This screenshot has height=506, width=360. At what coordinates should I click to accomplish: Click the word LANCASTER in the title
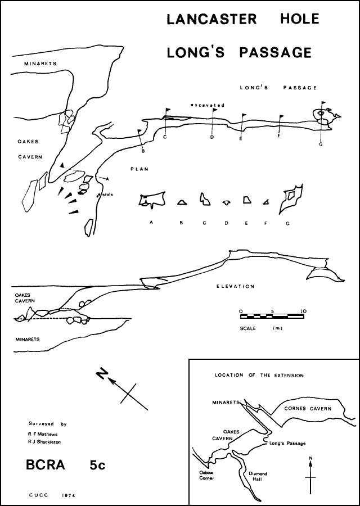click(211, 19)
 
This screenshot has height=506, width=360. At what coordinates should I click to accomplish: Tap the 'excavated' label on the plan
click(207, 105)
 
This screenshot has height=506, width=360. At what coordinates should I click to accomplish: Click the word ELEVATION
click(236, 286)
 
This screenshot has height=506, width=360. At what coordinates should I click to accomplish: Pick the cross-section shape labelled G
click(290, 198)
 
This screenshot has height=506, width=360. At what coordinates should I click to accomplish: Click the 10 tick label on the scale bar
click(303, 311)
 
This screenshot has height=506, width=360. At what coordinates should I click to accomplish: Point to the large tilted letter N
click(102, 374)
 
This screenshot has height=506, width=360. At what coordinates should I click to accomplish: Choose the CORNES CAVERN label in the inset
click(307, 409)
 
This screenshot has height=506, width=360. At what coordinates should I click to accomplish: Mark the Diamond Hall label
click(258, 477)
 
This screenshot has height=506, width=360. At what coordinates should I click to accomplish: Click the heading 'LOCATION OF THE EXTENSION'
click(259, 375)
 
